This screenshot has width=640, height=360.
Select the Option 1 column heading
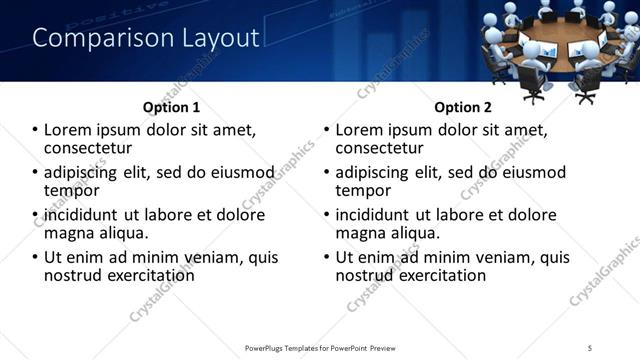[x=171, y=107]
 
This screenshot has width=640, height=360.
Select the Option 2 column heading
[x=462, y=107]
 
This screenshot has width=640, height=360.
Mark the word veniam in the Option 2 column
[x=504, y=257]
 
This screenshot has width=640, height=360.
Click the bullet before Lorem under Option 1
[x=35, y=130]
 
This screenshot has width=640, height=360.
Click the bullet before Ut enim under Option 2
[x=327, y=257]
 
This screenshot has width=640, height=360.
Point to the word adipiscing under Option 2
[x=377, y=172]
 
